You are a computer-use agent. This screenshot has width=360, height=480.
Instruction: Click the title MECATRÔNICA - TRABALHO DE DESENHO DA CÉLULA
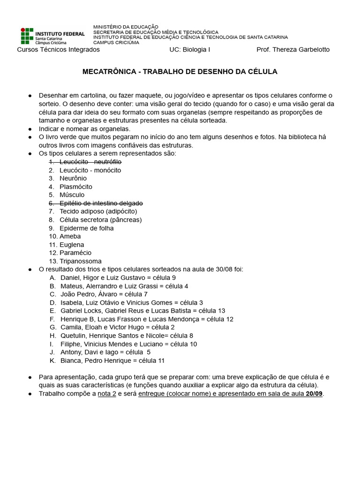(x=180, y=72)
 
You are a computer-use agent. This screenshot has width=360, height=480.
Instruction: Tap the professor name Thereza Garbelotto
(x=293, y=50)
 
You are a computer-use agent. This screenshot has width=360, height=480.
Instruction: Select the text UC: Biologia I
(x=190, y=50)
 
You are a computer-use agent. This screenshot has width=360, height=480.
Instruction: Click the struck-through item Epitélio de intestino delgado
(x=101, y=203)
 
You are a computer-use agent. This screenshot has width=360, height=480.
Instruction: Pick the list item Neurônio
(x=73, y=178)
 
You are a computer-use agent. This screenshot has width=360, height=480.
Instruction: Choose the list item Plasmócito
(x=75, y=187)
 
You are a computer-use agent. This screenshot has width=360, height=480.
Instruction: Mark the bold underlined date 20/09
(x=314, y=393)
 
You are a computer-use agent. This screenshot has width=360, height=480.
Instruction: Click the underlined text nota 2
(x=107, y=393)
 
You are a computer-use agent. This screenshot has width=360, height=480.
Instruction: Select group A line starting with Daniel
(x=118, y=277)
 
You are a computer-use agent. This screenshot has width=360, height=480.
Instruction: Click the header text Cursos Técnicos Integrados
(x=58, y=50)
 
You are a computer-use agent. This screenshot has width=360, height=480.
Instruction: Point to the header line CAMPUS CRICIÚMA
(x=116, y=43)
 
